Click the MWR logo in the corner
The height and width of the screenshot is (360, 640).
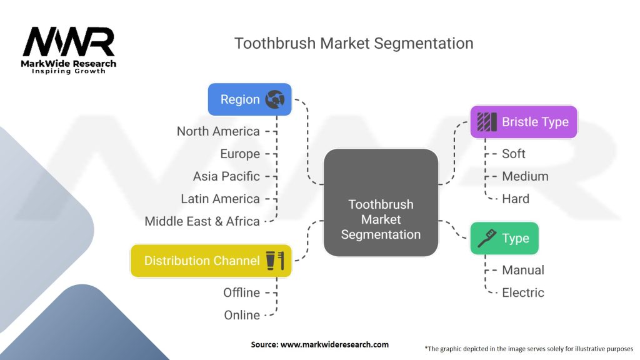69,50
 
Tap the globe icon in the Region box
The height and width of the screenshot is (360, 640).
275,99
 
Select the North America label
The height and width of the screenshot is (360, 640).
218,131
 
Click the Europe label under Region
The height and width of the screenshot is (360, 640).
240,154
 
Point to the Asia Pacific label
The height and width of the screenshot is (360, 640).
226,176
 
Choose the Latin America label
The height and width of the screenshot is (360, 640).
220,199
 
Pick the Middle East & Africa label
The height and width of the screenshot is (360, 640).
202,221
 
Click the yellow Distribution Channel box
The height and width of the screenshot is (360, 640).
211,261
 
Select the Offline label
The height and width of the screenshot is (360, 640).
241,292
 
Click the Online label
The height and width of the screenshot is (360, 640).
242,315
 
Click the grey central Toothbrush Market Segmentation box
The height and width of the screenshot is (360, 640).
381,203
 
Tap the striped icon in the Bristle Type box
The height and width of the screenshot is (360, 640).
487,122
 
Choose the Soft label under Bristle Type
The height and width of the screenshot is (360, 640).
514,154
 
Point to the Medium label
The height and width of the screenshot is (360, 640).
525,176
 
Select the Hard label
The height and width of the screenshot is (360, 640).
516,199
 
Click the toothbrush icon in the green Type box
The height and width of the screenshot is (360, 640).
487,238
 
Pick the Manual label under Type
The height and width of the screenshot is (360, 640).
523,270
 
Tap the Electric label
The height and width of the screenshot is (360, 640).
523,292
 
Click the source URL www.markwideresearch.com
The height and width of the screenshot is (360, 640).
335,344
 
